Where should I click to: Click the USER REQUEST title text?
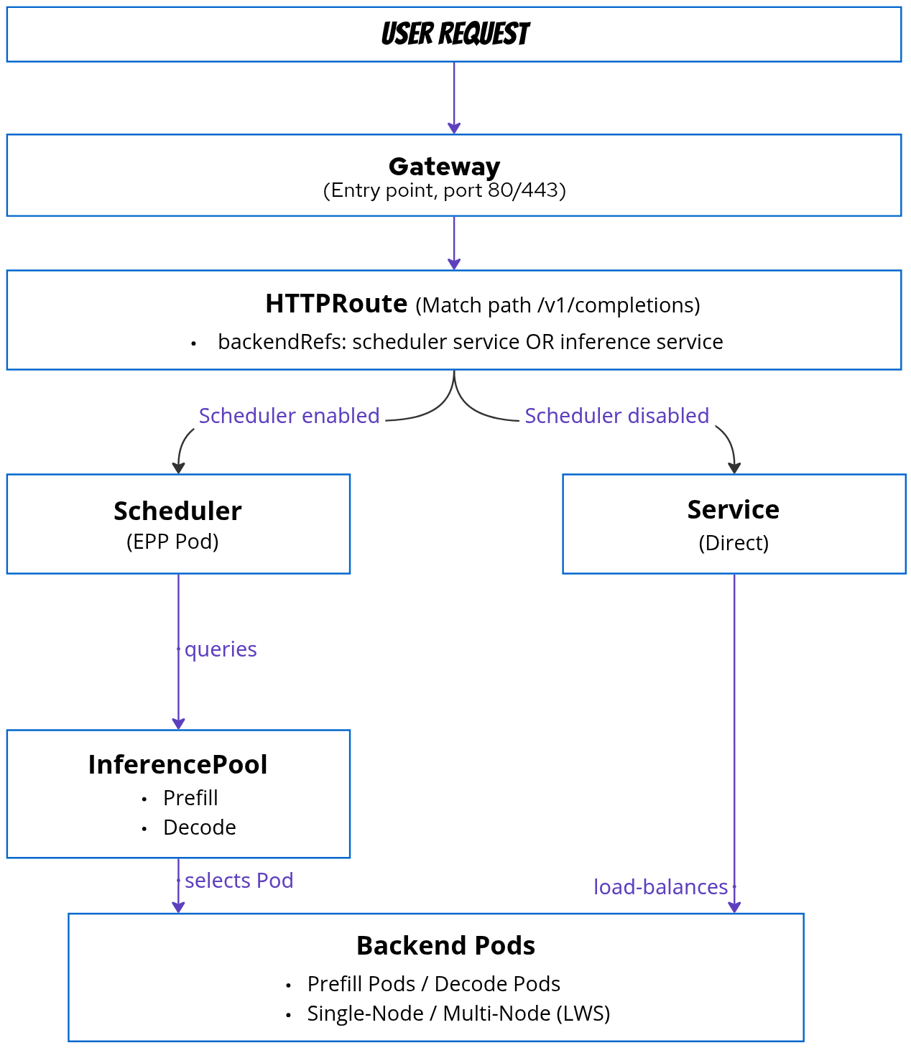[x=455, y=34]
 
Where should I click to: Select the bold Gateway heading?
[x=444, y=167]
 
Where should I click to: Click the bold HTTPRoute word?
[x=336, y=304]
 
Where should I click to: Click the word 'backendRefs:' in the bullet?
[x=282, y=342]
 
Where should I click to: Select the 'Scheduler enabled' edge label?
[x=289, y=416]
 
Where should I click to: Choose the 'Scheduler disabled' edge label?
[x=616, y=416]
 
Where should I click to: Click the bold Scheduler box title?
[x=177, y=511]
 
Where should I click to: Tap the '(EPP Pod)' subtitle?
[x=172, y=542]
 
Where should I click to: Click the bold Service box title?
[x=733, y=510]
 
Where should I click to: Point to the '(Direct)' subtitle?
[x=734, y=543]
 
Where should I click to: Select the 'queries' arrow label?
[x=221, y=649]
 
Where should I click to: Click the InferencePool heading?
[x=177, y=765]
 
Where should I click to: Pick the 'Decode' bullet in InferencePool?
[x=199, y=827]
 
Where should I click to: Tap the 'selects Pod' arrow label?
[x=239, y=881]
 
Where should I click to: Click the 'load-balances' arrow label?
[x=660, y=887]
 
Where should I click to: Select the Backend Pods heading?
[x=445, y=946]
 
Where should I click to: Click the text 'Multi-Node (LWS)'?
[x=526, y=1014]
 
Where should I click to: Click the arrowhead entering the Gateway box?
[x=454, y=128]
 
